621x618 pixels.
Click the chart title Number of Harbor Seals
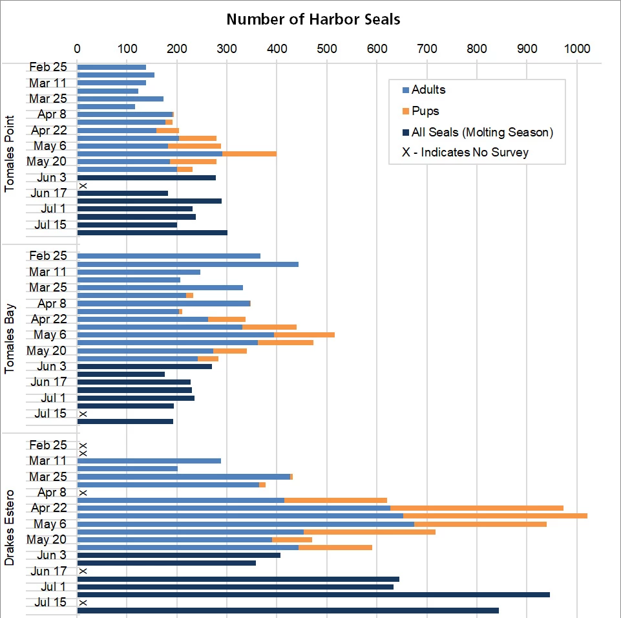(x=313, y=19)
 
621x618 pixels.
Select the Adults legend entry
(x=428, y=90)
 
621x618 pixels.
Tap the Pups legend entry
(x=426, y=111)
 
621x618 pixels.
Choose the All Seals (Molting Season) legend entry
(x=482, y=133)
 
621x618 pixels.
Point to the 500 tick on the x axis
(x=327, y=48)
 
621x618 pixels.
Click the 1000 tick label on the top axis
(x=576, y=48)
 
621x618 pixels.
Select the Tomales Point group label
(x=10, y=153)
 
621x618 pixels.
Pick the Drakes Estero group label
(x=10, y=527)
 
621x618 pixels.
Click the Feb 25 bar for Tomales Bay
(x=169, y=256)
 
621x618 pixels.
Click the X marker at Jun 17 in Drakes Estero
(x=83, y=571)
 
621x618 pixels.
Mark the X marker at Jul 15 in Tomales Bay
(x=83, y=414)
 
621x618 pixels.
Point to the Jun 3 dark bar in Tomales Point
(x=146, y=177)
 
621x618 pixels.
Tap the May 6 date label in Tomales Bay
(x=50, y=335)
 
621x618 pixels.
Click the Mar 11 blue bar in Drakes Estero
(x=149, y=461)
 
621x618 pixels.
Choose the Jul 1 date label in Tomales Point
(x=50, y=208)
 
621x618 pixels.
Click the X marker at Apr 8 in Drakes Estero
(x=83, y=493)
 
